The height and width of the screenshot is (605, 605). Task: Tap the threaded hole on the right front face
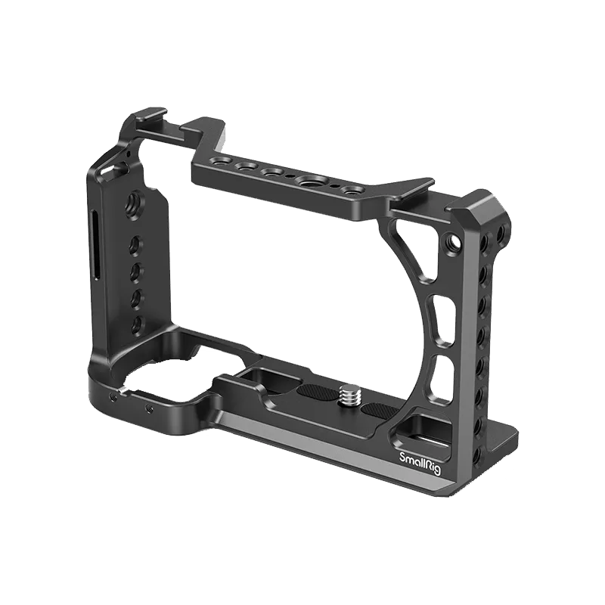[453, 243]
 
